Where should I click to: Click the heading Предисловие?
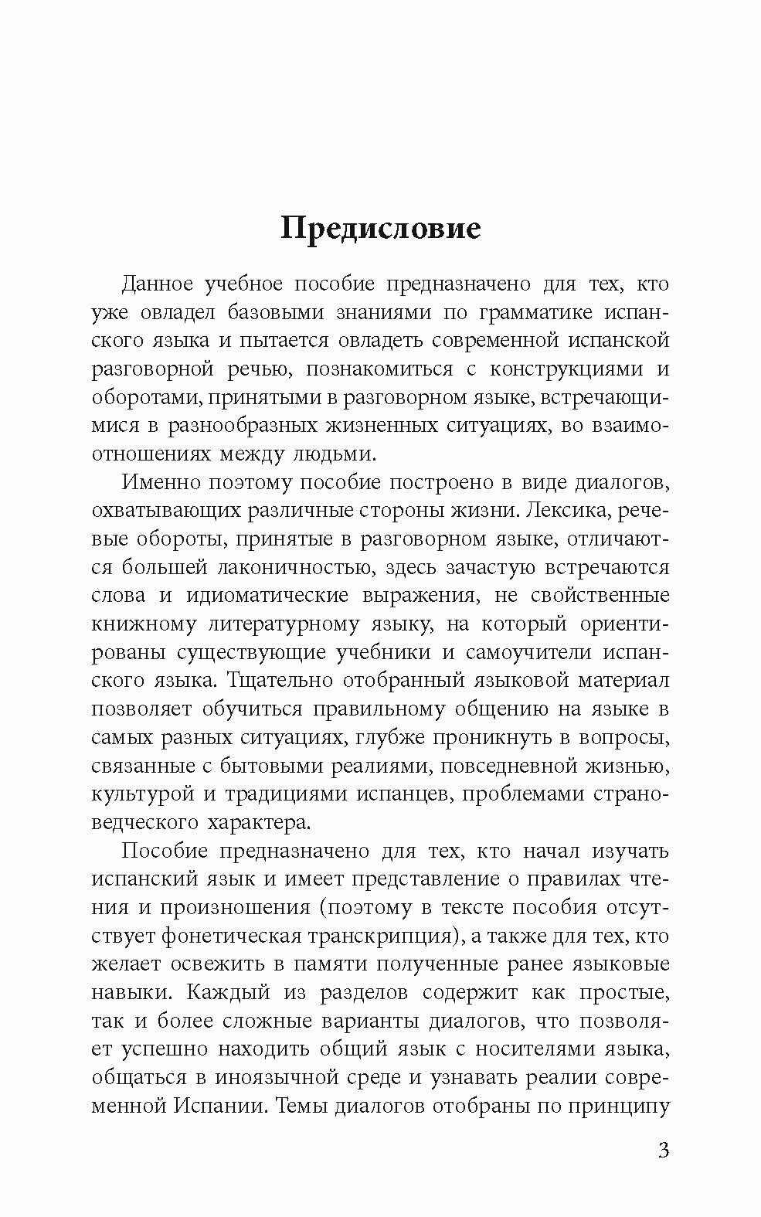point(380,229)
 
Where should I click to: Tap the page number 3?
point(662,1150)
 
